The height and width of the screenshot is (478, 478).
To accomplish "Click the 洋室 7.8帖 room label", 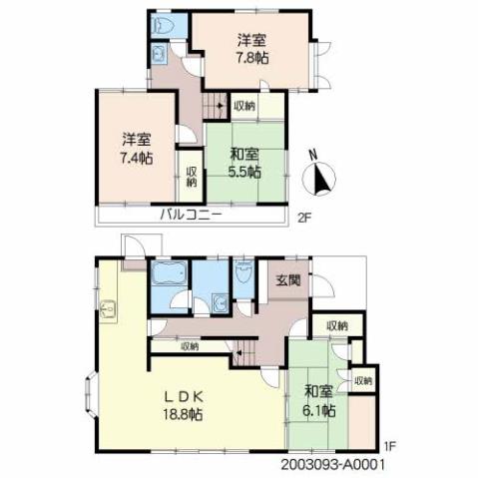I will (x=251, y=50).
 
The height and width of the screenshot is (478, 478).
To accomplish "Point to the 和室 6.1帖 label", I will (x=319, y=399).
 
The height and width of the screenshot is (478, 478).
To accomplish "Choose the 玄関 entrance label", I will (x=289, y=282).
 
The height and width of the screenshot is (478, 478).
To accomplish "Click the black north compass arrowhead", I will (x=319, y=181).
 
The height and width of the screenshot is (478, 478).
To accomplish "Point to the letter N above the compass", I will (x=313, y=156).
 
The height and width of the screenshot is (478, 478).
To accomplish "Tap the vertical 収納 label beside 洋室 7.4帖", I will (x=191, y=176).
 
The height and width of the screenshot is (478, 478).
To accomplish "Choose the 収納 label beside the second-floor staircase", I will (x=243, y=104).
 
